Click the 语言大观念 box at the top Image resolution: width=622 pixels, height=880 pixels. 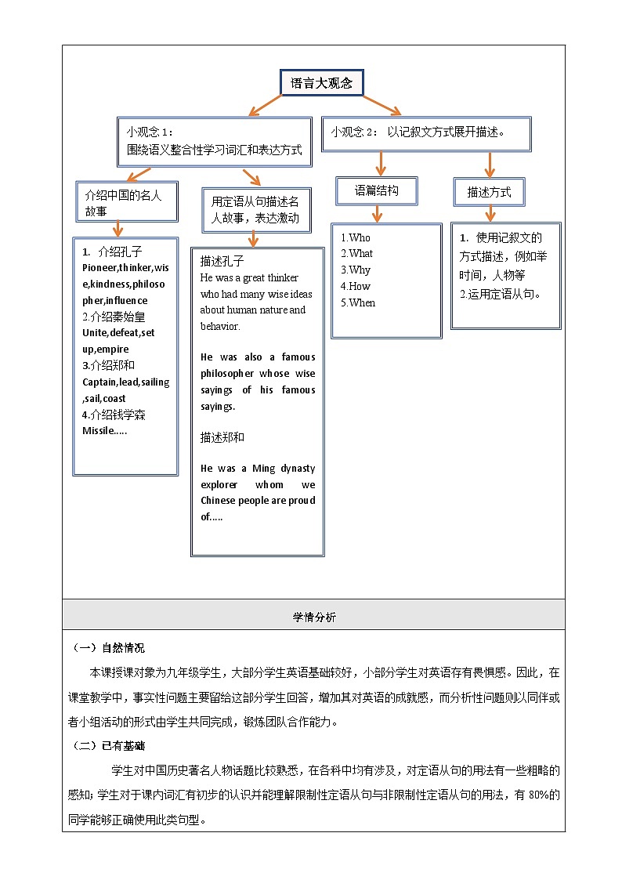[321, 84]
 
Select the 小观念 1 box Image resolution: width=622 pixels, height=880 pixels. [215, 141]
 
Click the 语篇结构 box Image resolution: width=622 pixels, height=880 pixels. [377, 190]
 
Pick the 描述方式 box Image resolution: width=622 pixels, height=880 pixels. [489, 191]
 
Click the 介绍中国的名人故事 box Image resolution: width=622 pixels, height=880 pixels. [123, 203]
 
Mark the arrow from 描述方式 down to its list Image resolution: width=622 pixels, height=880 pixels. [490, 213]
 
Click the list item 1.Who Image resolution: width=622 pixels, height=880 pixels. [356, 237]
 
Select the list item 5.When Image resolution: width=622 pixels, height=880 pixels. [358, 302]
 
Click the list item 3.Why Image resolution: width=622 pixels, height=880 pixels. [356, 270]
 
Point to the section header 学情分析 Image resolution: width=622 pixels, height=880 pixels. [313, 617]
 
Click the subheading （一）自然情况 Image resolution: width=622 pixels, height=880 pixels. [109, 648]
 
